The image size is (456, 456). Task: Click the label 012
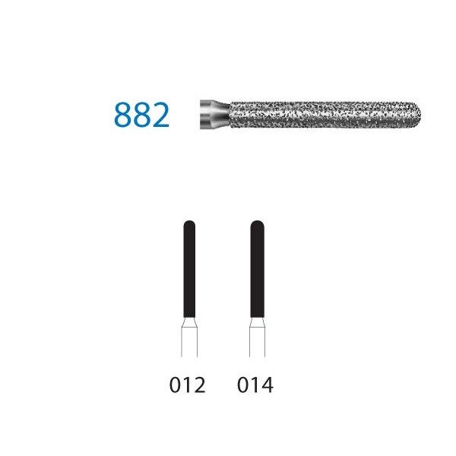click(187, 385)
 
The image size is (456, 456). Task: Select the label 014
click(255, 385)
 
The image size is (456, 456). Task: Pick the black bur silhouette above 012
click(188, 281)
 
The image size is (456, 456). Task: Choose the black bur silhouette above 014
click(256, 281)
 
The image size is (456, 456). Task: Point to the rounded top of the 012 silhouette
click(188, 225)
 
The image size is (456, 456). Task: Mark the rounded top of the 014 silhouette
click(256, 225)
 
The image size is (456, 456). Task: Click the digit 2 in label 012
click(199, 385)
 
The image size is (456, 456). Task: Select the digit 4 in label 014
click(268, 385)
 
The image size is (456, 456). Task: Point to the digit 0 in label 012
click(175, 385)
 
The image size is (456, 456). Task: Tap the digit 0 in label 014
click(242, 385)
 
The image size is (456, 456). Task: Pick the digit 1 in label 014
click(255, 385)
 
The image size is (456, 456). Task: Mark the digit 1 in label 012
click(187, 385)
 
